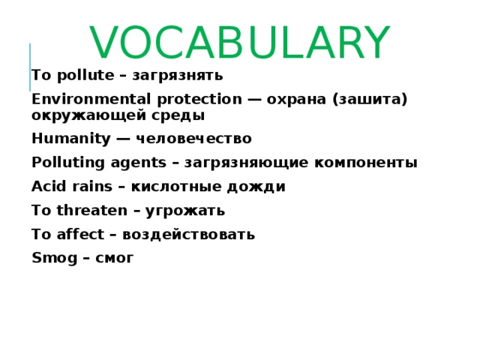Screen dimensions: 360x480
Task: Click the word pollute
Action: pyautogui.click(x=78, y=75)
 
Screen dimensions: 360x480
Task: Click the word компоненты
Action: pyautogui.click(x=363, y=163)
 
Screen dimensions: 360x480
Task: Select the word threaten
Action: pyautogui.click(x=91, y=211)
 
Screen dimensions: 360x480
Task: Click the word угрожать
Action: pyautogui.click(x=184, y=211)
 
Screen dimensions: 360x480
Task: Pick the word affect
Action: pyautogui.click(x=79, y=235)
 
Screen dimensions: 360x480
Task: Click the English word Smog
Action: pyautogui.click(x=51, y=259)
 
